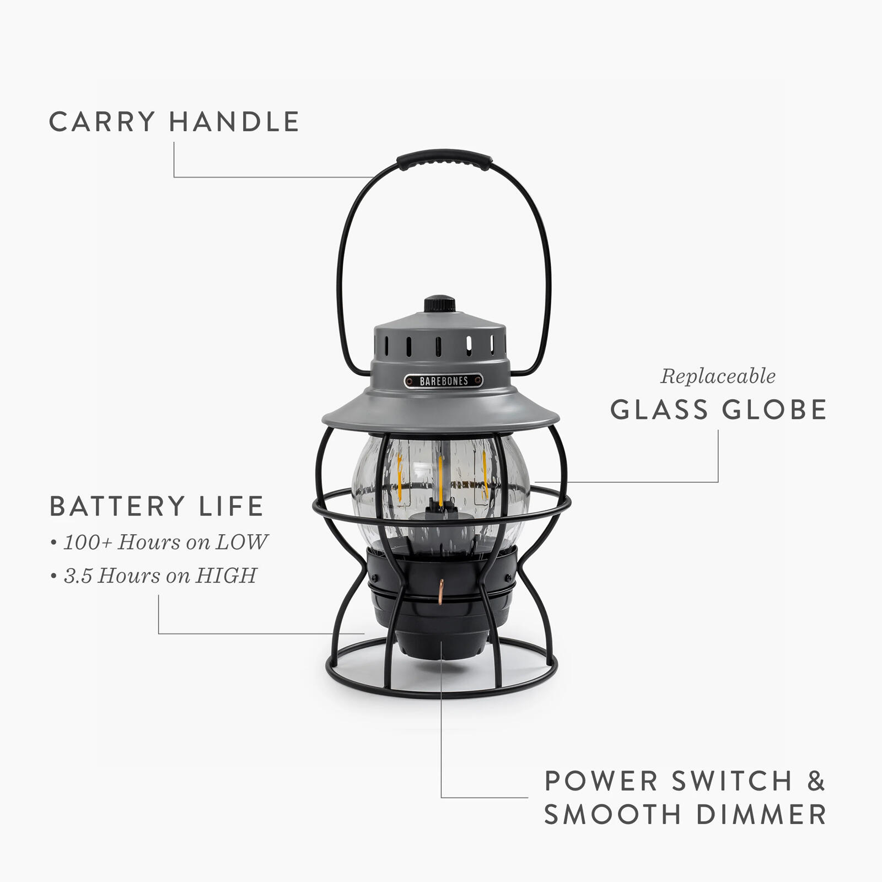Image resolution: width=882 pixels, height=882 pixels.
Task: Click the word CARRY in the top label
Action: [102, 122]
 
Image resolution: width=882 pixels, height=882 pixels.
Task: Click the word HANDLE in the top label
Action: [234, 122]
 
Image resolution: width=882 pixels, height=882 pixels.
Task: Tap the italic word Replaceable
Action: [718, 377]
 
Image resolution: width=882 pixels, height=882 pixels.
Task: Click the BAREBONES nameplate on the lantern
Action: [443, 381]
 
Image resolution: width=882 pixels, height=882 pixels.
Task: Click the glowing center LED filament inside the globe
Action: [440, 474]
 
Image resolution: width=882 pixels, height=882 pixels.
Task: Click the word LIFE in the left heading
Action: [232, 507]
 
